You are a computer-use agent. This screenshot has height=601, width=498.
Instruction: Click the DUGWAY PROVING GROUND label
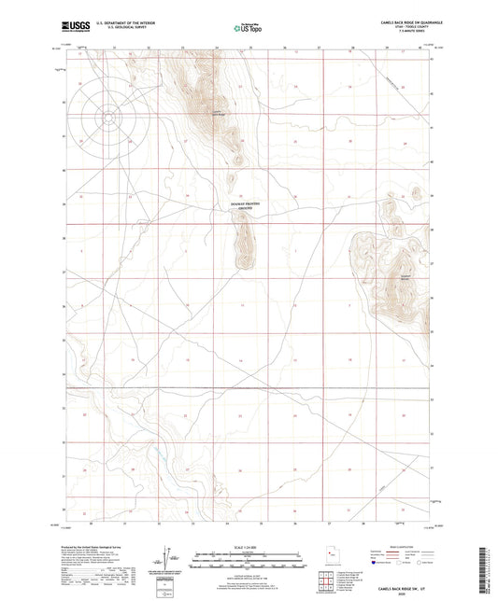(248, 204)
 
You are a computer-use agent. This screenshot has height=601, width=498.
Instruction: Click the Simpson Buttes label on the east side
(406, 275)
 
